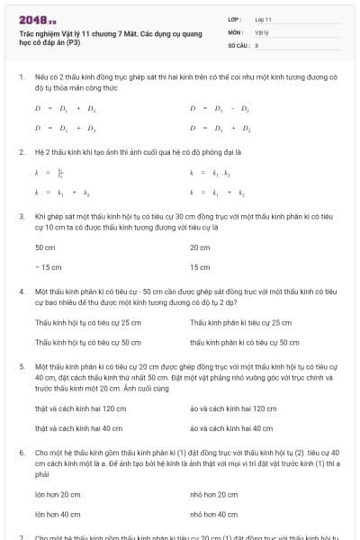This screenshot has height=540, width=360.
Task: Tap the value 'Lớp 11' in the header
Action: pyautogui.click(x=263, y=19)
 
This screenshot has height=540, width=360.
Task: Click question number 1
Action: pyautogui.click(x=21, y=77)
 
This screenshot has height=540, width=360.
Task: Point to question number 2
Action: pyautogui.click(x=21, y=152)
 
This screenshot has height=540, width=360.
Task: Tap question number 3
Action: pyautogui.click(x=21, y=217)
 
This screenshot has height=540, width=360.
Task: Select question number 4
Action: pyautogui.click(x=21, y=292)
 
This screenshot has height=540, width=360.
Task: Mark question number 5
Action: pyautogui.click(x=21, y=367)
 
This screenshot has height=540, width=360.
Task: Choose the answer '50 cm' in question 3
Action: pyautogui.click(x=45, y=247)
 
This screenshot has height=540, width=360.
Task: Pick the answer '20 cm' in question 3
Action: pyautogui.click(x=200, y=247)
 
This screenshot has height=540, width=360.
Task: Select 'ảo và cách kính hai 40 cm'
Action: pyautogui.click(x=230, y=428)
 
